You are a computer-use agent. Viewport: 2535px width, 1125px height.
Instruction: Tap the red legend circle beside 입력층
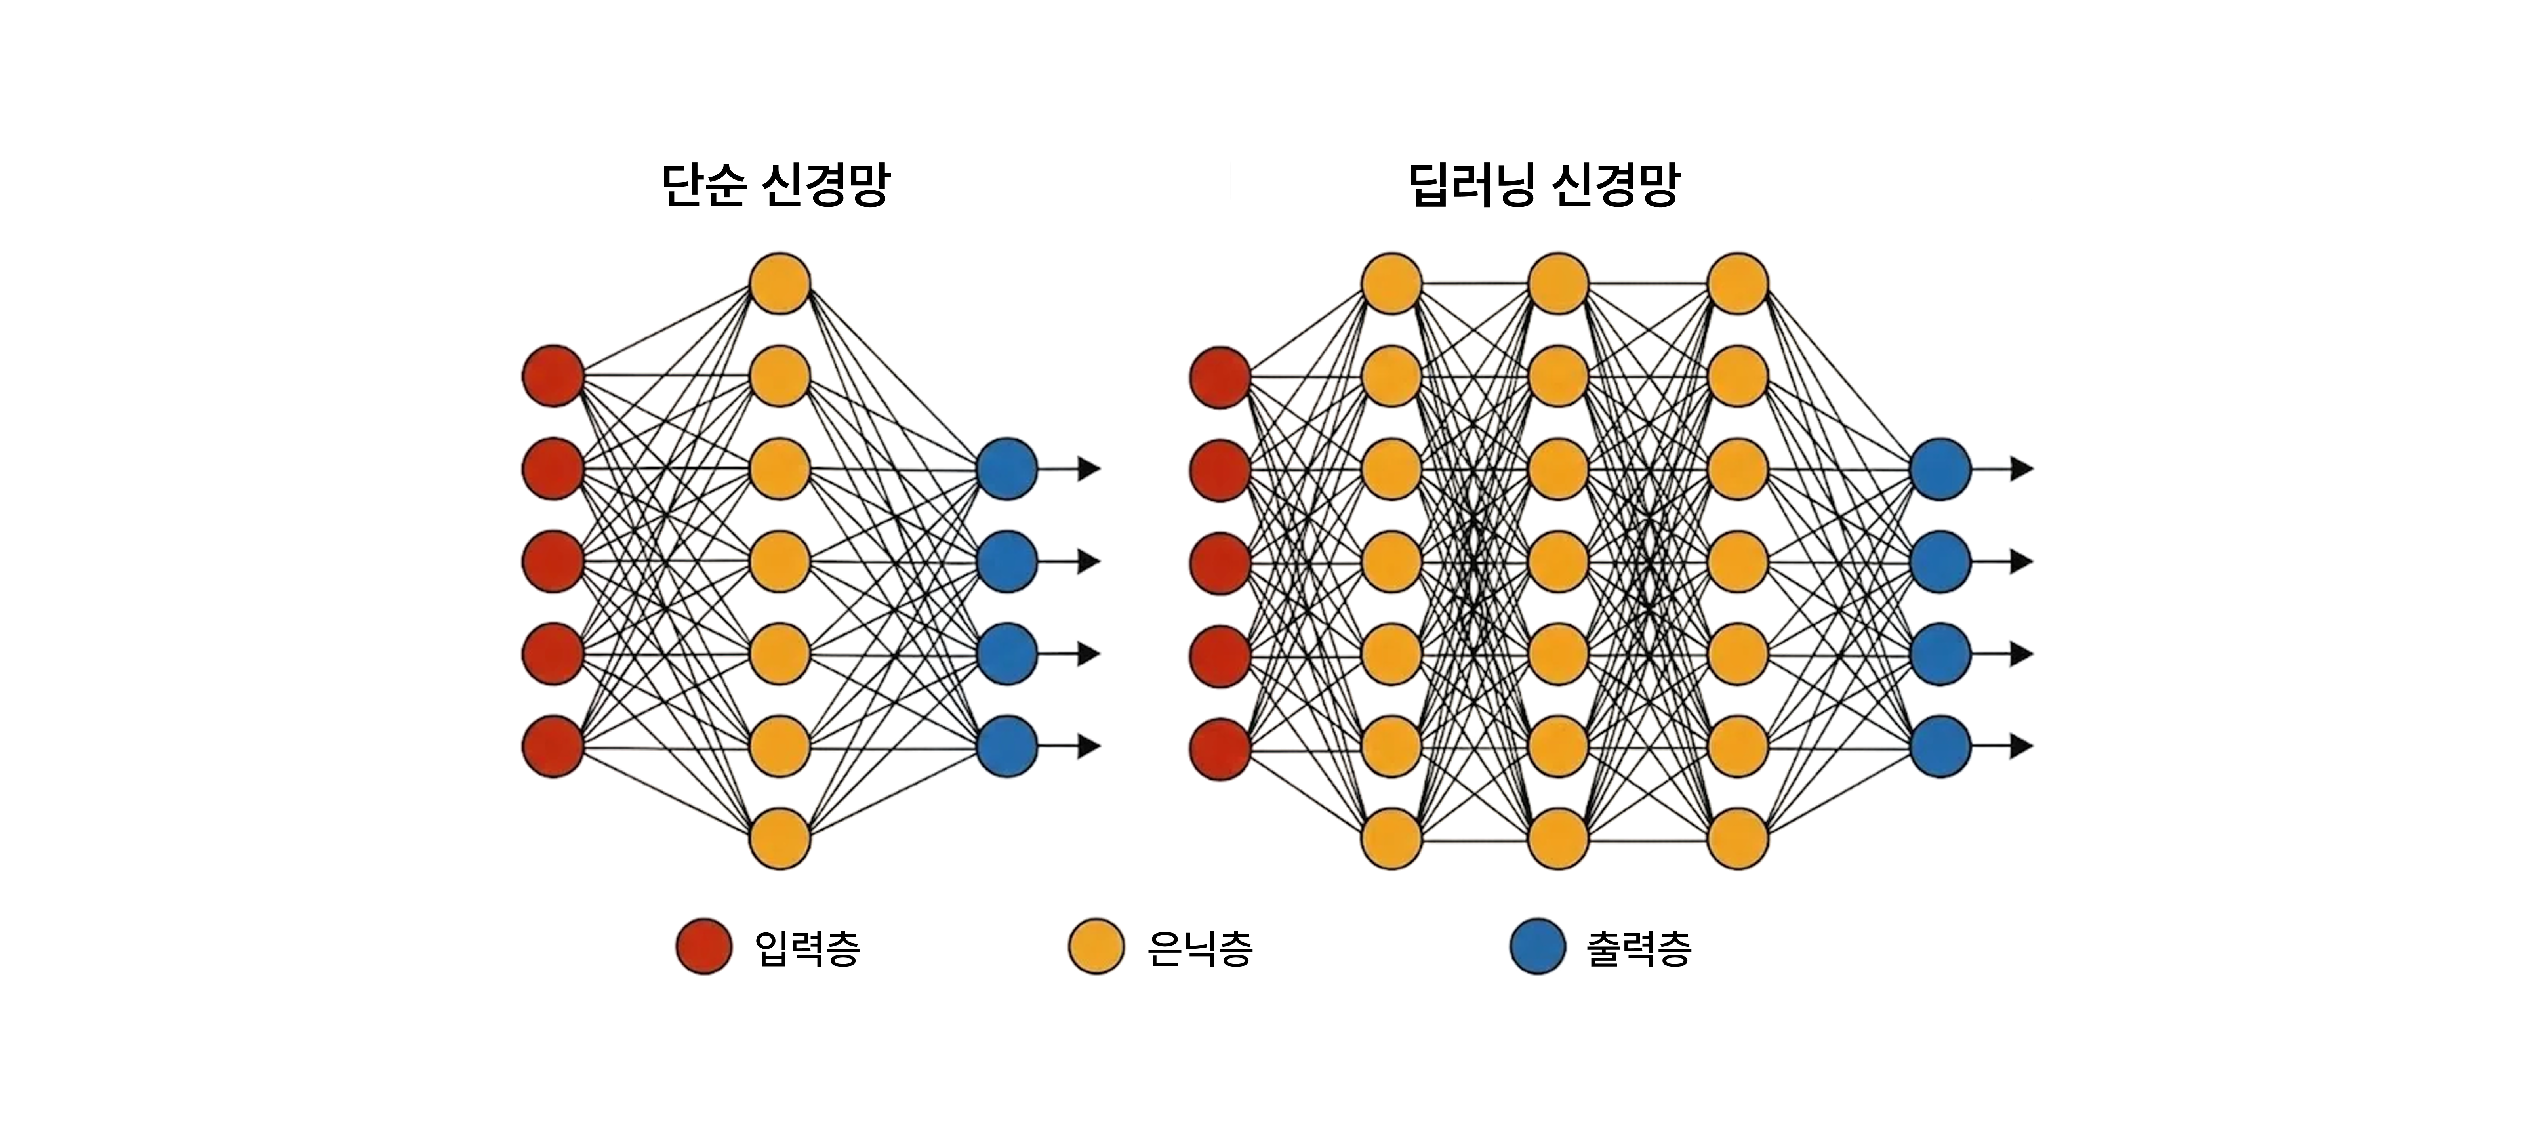click(x=703, y=947)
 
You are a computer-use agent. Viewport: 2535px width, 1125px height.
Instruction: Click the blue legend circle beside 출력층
click(x=1537, y=947)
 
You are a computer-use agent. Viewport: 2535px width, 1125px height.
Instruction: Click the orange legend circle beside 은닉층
click(x=1096, y=947)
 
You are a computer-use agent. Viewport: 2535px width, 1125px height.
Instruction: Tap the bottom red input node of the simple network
click(x=553, y=746)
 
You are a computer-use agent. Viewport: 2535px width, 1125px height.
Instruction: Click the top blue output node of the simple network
click(x=1007, y=469)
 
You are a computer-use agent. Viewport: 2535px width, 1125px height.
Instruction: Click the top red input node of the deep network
click(x=1220, y=377)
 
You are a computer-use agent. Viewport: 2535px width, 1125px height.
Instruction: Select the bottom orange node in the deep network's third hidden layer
click(x=1738, y=839)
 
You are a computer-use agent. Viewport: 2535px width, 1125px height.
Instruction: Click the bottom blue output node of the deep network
click(x=1940, y=746)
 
